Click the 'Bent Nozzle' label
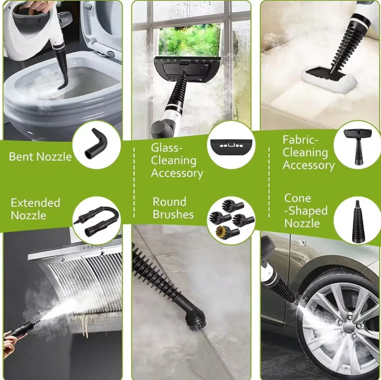coord(40,156)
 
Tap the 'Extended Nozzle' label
coord(35,209)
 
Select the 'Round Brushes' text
coord(173,208)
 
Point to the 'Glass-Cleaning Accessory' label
coord(177,160)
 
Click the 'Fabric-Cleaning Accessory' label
coord(308,152)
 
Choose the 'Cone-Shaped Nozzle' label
coord(306,211)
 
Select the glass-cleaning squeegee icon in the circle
coord(231,147)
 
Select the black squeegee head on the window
coord(188,68)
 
